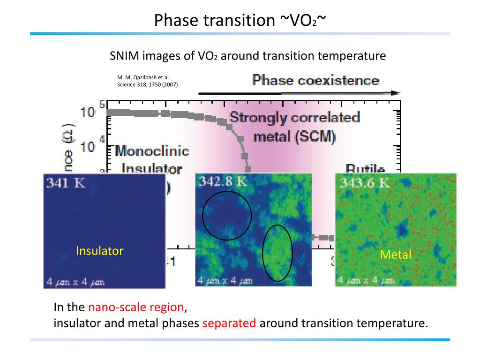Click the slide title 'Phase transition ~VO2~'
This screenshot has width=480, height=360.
coord(240,20)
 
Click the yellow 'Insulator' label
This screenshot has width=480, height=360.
coord(99,251)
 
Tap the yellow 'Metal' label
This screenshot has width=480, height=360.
coord(396,255)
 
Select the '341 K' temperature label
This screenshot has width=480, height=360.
coord(65,183)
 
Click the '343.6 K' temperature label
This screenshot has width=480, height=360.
coord(365,182)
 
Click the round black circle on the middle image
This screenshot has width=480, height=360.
coord(227,215)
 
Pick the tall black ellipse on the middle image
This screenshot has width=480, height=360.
coord(277,253)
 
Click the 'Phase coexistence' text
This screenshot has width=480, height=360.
coord(315,80)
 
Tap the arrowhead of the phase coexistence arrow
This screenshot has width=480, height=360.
coord(396,93)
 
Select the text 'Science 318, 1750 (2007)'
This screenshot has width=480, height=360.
coord(147,85)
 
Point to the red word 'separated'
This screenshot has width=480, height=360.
coord(229,323)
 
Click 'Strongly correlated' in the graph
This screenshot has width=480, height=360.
coord(294,117)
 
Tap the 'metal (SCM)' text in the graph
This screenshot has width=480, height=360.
coord(294,136)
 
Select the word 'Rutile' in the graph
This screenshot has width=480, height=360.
coord(365,169)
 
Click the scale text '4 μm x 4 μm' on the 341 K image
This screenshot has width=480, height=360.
coord(75,282)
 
